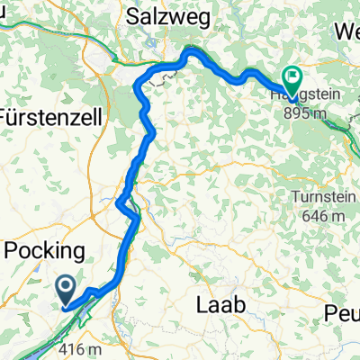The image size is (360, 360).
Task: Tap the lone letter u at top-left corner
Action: point(4,10)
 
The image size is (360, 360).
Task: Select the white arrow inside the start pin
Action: point(67,287)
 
